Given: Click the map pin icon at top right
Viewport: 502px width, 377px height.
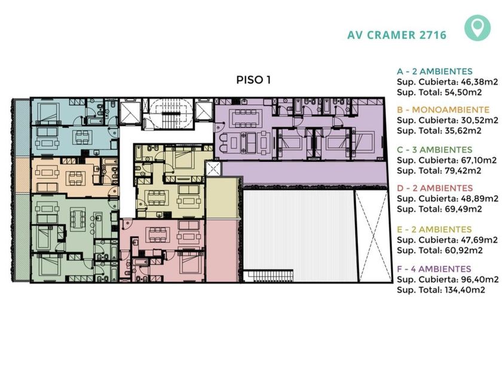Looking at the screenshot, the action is coord(477,28).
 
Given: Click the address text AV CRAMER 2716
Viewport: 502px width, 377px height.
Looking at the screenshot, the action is coord(397,35).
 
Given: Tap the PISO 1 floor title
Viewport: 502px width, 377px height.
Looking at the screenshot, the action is coord(253,80).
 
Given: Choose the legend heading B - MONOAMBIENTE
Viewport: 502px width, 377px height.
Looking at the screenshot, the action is coord(443,110).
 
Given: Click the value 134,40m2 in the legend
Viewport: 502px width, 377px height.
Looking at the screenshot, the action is coord(465,290).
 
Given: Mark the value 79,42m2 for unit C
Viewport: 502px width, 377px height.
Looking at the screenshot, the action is coord(463,171).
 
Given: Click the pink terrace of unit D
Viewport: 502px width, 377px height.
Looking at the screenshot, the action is coord(222,250).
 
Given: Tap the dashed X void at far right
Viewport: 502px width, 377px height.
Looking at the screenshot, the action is coord(374,236).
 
